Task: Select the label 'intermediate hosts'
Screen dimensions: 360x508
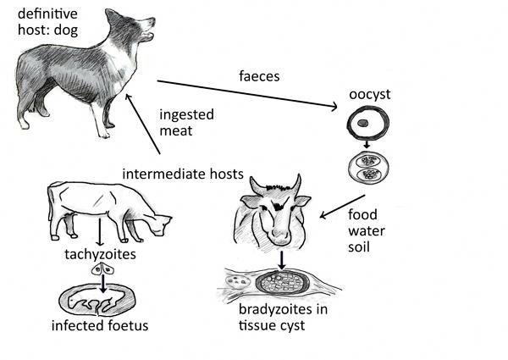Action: (x=183, y=174)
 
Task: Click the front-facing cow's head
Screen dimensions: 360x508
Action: (x=273, y=212)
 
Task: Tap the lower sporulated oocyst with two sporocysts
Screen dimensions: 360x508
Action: (x=368, y=169)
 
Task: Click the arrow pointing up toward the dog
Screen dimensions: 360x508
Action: (x=145, y=127)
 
